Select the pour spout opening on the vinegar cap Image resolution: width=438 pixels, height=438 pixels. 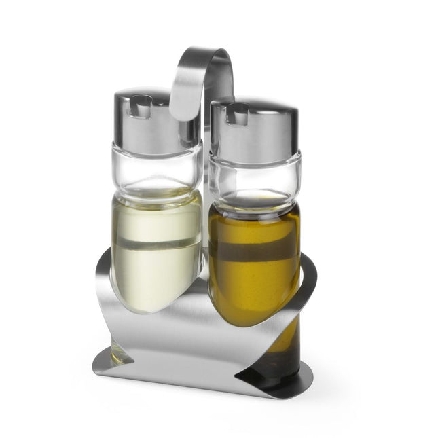141,105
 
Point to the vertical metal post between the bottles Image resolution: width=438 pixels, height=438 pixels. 205,204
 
